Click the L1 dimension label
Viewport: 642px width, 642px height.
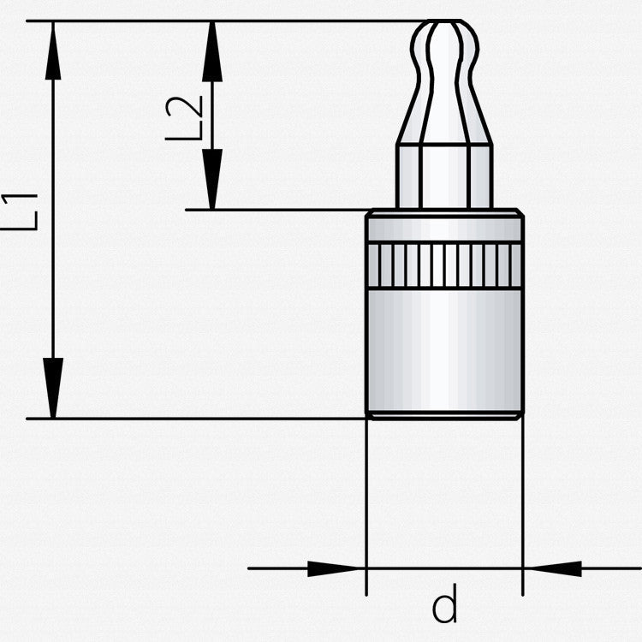point(20,212)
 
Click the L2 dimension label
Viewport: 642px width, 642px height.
point(184,118)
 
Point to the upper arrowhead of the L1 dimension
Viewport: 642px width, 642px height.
point(53,51)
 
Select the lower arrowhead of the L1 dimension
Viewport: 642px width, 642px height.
point(53,388)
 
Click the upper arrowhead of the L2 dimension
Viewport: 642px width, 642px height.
point(212,51)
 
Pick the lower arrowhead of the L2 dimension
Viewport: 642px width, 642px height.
point(212,179)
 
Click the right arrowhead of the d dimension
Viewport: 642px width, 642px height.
point(552,568)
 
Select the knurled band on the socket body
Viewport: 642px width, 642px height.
point(444,265)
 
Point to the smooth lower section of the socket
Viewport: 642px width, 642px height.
point(444,351)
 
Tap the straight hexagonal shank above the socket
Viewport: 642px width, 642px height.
point(444,176)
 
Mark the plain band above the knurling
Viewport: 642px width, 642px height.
point(444,229)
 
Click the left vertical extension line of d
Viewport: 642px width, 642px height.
point(366,508)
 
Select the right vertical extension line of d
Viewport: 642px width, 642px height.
point(523,508)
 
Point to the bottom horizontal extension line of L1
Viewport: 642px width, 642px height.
point(196,419)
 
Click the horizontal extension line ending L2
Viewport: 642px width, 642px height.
point(277,210)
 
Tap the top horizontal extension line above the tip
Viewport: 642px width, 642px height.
point(227,20)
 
